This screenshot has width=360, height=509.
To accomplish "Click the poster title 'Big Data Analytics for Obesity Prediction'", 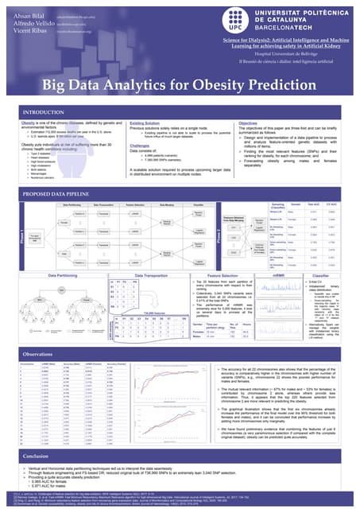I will [180, 84].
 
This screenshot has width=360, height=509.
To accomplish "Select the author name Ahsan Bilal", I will [25, 14].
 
